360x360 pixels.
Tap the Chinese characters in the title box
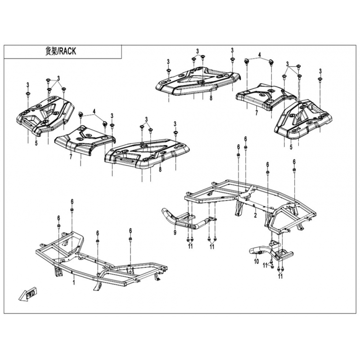pos(51,51)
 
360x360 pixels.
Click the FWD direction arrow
pos(28,294)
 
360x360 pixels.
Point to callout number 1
pos(74,282)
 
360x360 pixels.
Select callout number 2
pos(255,215)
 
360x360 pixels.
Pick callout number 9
pos(175,233)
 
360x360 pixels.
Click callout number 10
pos(256,261)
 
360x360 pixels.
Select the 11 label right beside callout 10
pos(265,265)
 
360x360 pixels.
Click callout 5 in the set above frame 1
pos(36,143)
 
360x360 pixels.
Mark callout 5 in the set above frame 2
pos(291,147)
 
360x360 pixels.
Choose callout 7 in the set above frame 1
pos(71,157)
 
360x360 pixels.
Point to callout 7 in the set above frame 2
pos(256,112)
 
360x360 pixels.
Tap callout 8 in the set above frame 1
pos(160,170)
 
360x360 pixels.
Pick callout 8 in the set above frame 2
pos(211,98)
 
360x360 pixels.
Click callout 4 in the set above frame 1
pos(94,112)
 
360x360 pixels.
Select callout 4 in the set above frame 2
pos(260,55)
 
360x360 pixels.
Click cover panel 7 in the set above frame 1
pos(85,140)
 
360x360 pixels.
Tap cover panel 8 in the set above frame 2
pos(198,81)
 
